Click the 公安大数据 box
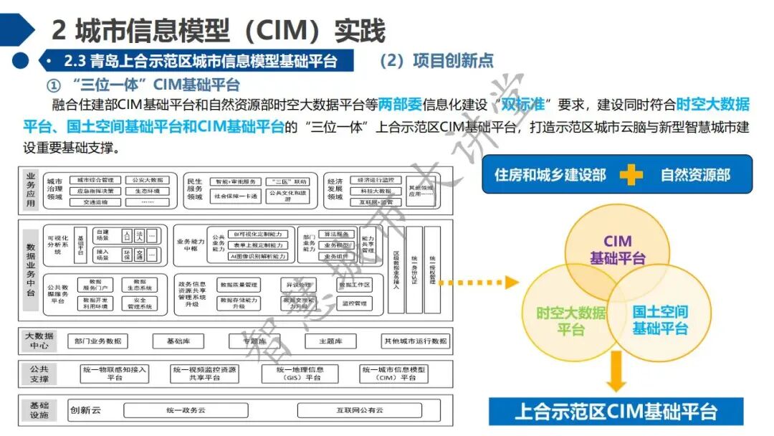click(148, 181)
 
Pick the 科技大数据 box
click(376, 191)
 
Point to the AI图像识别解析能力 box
click(258, 257)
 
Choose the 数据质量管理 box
click(239, 285)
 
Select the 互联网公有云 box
click(359, 411)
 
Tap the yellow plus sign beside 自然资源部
click(630, 175)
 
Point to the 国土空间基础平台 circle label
click(659, 320)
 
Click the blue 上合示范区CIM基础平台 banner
click(616, 412)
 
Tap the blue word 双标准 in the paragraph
click(522, 105)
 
